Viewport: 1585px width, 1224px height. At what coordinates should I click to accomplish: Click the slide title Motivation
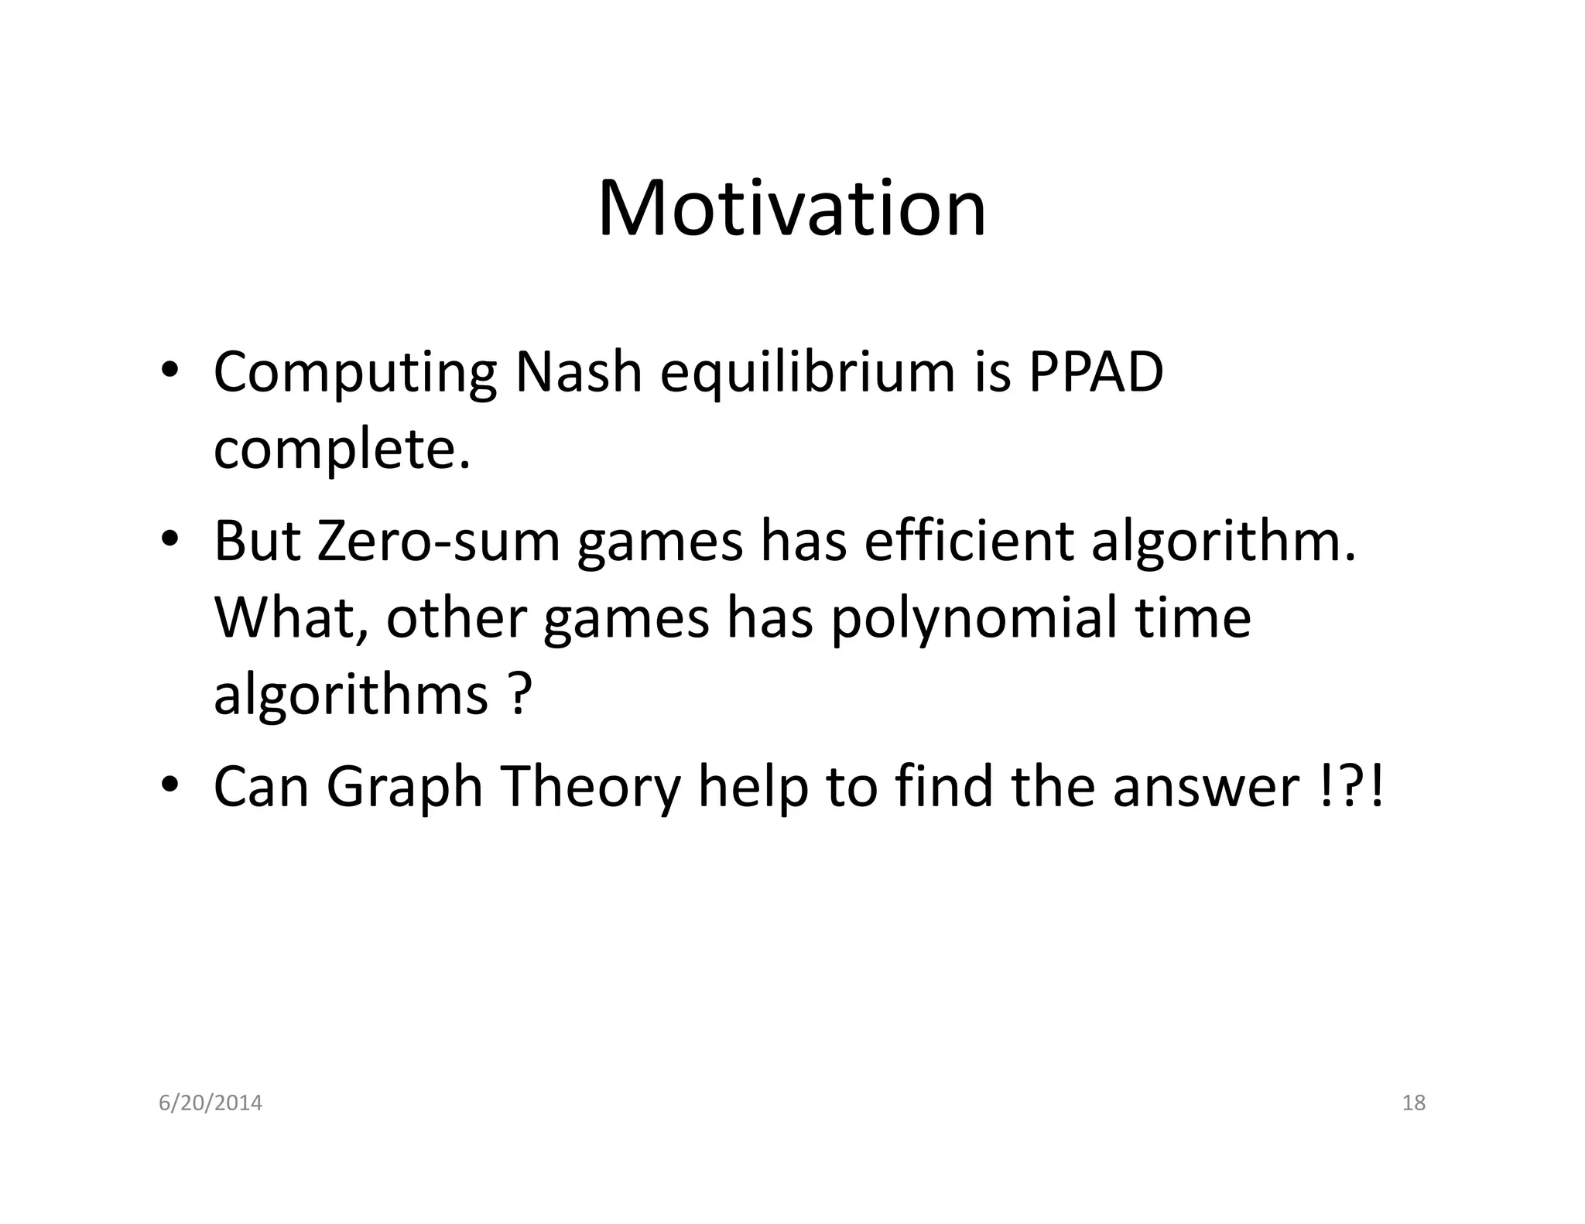coord(792,208)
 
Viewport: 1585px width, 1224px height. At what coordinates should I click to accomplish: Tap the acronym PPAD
coord(1095,372)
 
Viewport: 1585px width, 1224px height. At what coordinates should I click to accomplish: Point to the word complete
coord(341,450)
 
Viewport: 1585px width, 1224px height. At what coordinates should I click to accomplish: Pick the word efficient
coord(968,541)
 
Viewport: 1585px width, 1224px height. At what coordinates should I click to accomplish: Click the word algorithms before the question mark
coord(351,694)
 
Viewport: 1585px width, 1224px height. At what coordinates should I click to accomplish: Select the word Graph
coord(404,788)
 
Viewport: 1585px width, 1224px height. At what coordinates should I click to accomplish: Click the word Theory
coord(591,788)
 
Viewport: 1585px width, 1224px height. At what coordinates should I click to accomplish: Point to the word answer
coord(1206,788)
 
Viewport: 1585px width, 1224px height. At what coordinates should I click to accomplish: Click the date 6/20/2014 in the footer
coord(211,1103)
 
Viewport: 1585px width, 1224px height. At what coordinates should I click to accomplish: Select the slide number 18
coord(1413,1103)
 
